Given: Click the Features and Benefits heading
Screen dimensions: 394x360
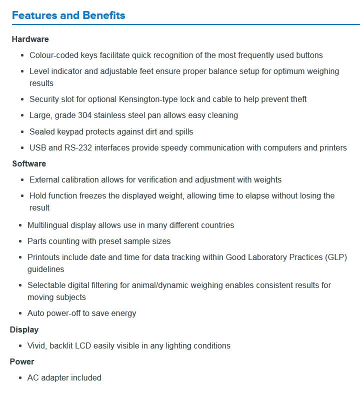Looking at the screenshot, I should pyautogui.click(x=68, y=15).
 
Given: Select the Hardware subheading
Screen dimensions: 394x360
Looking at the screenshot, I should pyautogui.click(x=30, y=39).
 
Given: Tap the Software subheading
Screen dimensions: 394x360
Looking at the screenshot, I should pyautogui.click(x=29, y=163).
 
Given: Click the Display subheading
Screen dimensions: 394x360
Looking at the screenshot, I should pyautogui.click(x=24, y=329).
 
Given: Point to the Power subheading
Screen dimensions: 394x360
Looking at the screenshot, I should pyautogui.click(x=22, y=361).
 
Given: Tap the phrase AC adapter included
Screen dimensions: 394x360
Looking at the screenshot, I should pyautogui.click(x=64, y=377).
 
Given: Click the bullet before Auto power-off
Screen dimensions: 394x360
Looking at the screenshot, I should pyautogui.click(x=19, y=313).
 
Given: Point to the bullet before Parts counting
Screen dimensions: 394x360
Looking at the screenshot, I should pyautogui.click(x=19, y=241).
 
